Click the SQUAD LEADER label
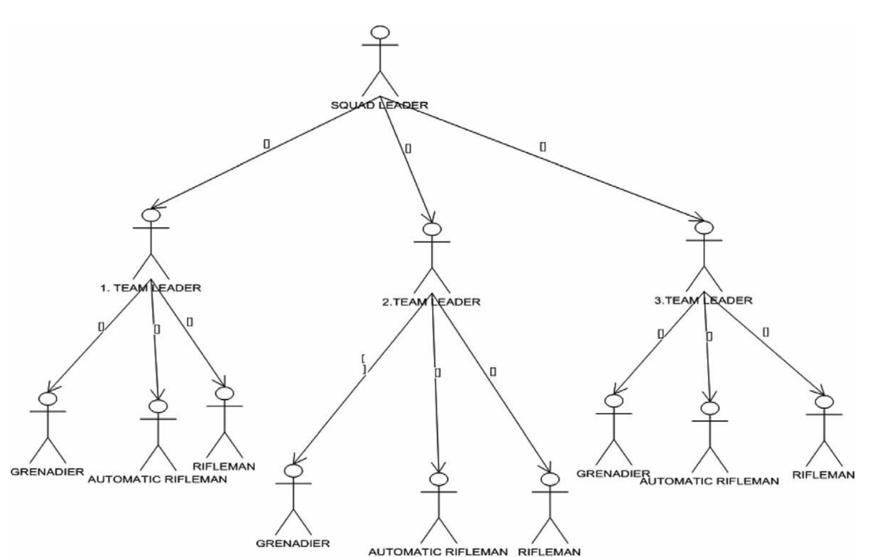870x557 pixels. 379,105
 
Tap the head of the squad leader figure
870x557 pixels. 380,32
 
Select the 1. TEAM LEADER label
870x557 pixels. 150,288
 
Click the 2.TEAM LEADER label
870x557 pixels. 431,302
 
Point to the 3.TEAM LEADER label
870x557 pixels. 703,300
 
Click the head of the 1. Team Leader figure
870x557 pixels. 151,216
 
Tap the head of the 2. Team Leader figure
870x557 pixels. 432,229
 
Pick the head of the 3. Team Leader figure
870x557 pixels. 704,227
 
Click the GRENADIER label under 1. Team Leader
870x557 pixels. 47,472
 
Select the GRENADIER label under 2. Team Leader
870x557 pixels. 293,543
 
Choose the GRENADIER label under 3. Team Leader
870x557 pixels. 613,474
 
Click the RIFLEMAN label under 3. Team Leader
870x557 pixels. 823,475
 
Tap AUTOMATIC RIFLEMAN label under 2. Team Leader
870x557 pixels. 438,552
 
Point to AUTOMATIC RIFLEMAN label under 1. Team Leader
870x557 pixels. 157,479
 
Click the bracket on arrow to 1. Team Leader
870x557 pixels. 266,143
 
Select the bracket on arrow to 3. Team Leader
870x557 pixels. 542,146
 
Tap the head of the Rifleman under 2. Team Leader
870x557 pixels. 550,479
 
